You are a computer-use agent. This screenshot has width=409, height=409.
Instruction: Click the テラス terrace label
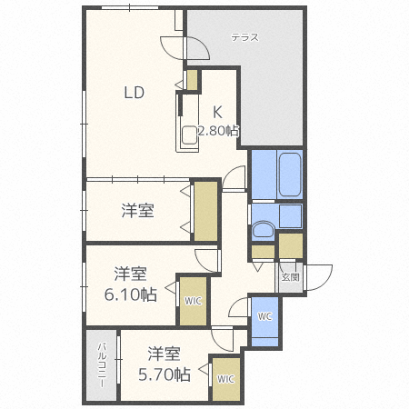tap(244, 37)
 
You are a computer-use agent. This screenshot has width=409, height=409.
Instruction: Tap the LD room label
tap(135, 93)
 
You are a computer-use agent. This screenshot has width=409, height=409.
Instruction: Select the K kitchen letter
tap(217, 112)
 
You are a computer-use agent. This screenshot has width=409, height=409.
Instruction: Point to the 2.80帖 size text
tap(218, 131)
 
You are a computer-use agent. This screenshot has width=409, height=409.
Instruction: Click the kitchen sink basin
tap(189, 135)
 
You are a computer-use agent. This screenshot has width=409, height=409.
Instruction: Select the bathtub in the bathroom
tap(290, 175)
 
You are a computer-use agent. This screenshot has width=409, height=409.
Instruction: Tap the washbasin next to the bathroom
tap(263, 229)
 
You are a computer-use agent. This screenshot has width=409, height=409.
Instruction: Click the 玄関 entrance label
tap(290, 277)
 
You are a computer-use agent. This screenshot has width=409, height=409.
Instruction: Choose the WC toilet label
tap(264, 316)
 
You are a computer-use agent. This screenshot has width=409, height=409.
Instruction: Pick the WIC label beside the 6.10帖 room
tap(193, 301)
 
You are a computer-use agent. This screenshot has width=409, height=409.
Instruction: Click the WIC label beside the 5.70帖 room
tap(225, 379)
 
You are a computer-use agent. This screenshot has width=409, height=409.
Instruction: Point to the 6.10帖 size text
tap(131, 294)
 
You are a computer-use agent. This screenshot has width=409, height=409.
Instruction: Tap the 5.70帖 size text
tap(165, 374)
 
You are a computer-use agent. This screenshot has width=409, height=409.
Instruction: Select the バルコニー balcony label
tap(102, 364)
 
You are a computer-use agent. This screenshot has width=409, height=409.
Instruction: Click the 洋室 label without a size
tap(138, 211)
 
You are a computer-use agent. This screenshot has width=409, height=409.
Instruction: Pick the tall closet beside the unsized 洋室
tap(205, 211)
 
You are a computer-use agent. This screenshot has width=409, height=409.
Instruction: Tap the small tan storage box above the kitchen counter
tap(192, 80)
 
